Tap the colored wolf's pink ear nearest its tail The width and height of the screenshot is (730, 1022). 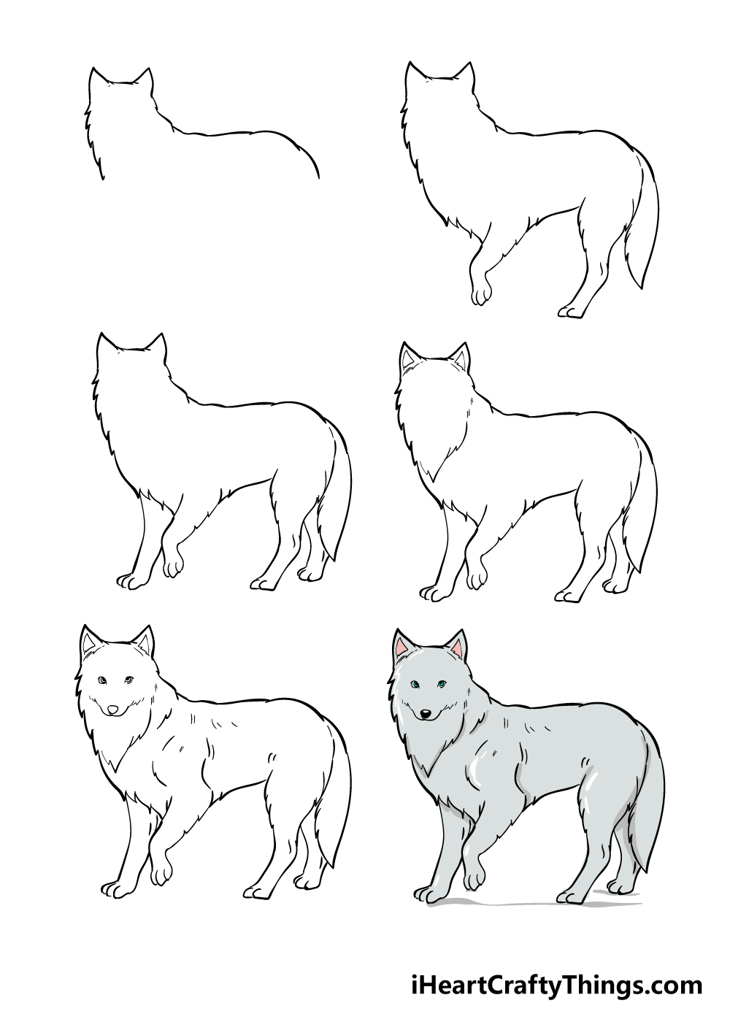(458, 648)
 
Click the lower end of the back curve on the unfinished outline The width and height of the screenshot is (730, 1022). (318, 177)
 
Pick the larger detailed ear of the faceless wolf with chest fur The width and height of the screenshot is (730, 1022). (408, 356)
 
